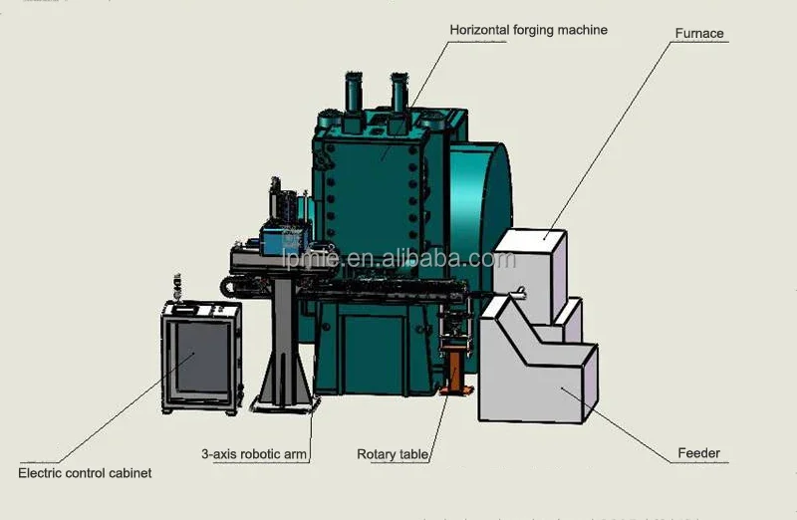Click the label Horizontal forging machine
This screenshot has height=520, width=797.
[528, 31]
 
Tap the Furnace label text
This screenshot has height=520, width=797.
[699, 34]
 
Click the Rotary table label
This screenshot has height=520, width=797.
[393, 454]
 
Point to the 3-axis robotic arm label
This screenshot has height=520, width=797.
[253, 454]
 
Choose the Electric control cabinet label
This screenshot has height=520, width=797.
[85, 473]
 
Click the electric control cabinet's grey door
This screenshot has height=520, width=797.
[201, 361]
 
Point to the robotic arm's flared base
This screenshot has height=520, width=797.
[284, 384]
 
